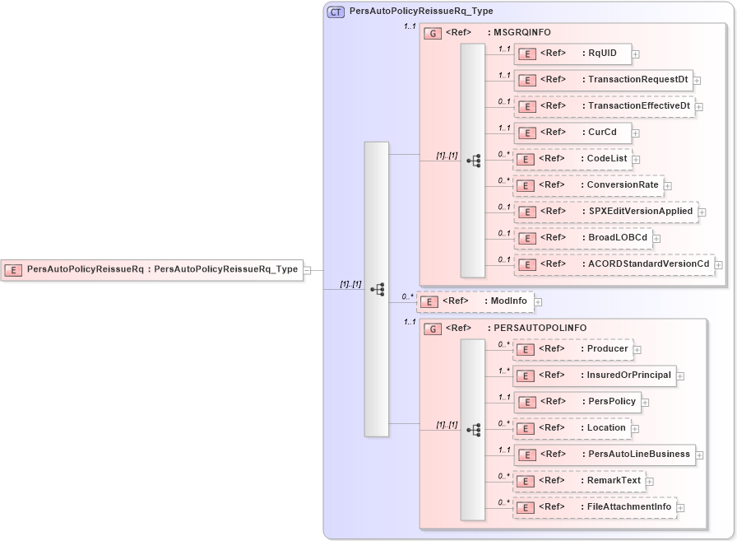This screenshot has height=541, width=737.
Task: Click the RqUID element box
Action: coord(572,54)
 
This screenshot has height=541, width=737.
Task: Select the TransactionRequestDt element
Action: coord(603,80)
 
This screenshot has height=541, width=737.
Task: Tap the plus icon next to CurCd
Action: coord(635,133)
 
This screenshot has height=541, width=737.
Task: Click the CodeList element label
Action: coord(606,159)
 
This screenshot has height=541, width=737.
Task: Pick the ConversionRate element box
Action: coord(588,185)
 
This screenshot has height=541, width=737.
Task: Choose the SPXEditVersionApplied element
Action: coord(605,212)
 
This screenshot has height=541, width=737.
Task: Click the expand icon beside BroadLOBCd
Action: coord(656,239)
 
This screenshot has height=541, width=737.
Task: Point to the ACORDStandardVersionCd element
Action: coord(614,264)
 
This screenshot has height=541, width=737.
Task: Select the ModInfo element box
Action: coord(475,301)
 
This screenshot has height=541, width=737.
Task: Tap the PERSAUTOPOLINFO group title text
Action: coord(540,329)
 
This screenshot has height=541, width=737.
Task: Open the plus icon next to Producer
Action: coord(637,350)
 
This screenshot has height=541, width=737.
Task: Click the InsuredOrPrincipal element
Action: coord(594,375)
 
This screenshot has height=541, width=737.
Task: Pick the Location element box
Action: coord(572,428)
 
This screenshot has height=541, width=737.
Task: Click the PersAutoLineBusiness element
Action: coord(604,455)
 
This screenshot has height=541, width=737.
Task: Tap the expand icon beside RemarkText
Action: coord(649,482)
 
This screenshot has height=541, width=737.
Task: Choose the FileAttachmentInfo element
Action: coord(595,507)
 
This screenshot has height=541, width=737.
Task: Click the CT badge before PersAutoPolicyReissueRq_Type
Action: coord(336,12)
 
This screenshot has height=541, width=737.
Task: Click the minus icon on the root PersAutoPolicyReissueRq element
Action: coord(307,269)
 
